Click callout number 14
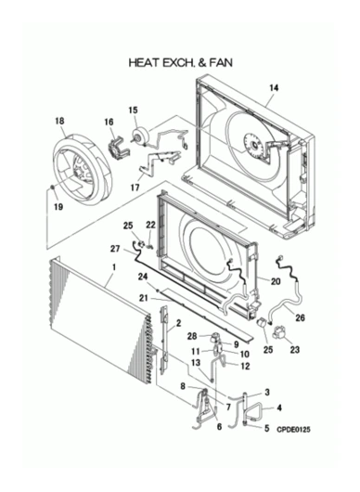click(273, 89)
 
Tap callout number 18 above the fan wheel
click(59, 121)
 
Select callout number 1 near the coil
click(113, 267)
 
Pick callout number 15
click(133, 110)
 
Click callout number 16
click(109, 122)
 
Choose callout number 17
click(135, 186)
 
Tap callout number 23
click(296, 351)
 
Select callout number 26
click(300, 317)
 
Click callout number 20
click(276, 280)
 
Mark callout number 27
click(115, 249)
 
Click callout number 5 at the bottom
click(267, 428)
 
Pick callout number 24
click(143, 277)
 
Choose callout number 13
click(196, 363)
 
